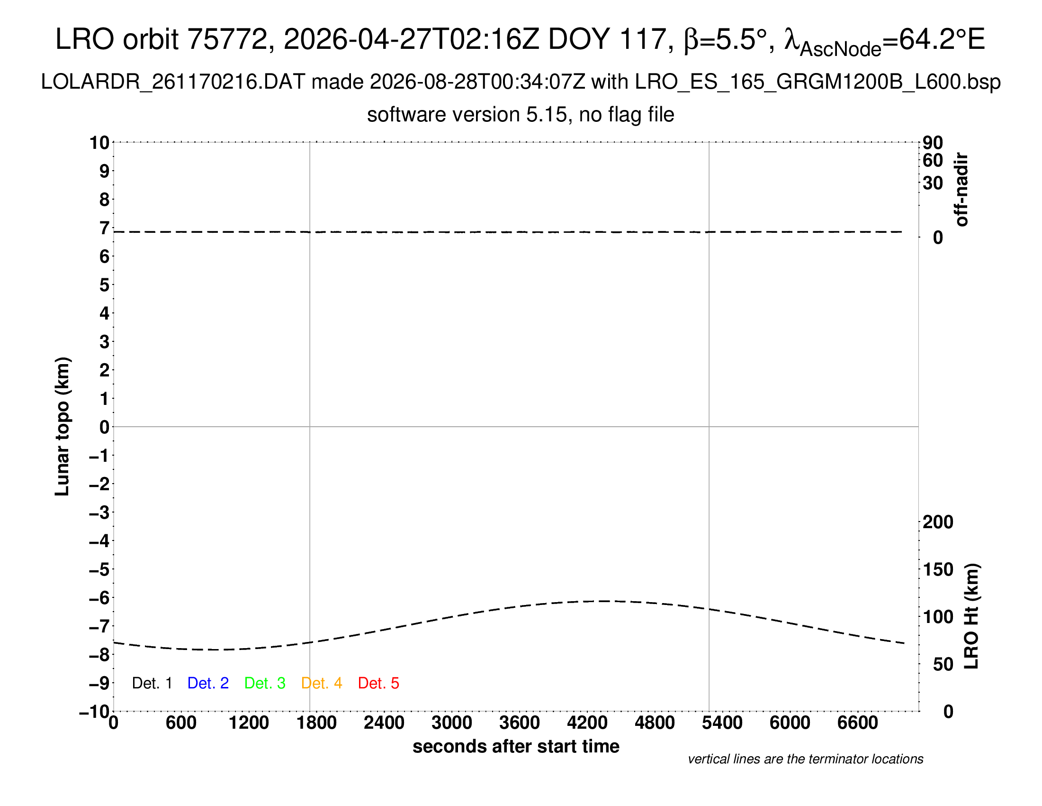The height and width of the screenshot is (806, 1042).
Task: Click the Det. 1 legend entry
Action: point(152,683)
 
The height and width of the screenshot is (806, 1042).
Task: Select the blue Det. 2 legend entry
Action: point(208,683)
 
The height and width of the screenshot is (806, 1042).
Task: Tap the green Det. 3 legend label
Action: point(265,683)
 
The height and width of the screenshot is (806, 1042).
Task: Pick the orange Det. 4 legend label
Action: point(322,683)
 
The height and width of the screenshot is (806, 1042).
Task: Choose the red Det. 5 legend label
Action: point(378,683)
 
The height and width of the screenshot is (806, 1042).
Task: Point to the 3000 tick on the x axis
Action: point(452,723)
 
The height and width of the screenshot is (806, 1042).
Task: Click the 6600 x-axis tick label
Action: point(858,723)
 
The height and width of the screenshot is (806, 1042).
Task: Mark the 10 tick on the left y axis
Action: point(100,143)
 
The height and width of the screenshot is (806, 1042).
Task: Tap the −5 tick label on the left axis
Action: point(99,569)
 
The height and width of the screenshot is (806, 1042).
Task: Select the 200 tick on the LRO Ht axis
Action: point(938,522)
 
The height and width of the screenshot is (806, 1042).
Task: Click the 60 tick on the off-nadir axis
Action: point(933,160)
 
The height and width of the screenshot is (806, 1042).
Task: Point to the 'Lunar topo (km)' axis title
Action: point(63,426)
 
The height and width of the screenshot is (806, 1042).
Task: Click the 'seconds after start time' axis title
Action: point(516,746)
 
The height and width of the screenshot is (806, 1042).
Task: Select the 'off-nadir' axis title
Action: point(961,190)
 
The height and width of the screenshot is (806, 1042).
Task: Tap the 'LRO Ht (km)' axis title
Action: point(971,616)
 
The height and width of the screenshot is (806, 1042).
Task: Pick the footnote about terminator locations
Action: point(805,759)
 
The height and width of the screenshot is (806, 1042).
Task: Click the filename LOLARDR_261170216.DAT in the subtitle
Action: point(173,82)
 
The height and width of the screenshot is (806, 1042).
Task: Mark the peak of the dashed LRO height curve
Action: point(605,601)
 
